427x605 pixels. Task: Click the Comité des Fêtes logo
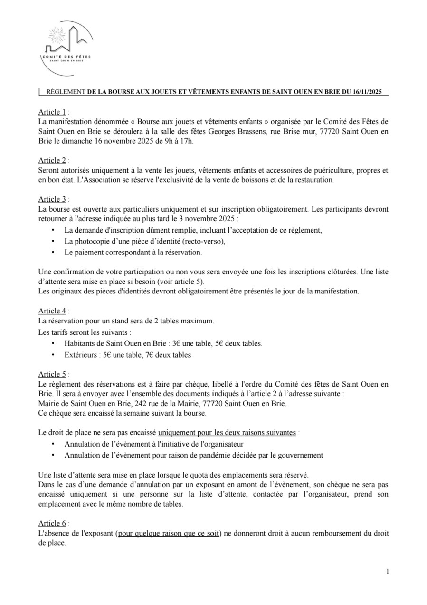(66, 49)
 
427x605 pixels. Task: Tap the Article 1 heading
(52, 112)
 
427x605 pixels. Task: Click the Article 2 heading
(52, 161)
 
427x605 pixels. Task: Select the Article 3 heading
(52, 199)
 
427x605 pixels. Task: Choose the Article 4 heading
(52, 311)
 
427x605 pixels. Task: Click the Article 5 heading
(52, 374)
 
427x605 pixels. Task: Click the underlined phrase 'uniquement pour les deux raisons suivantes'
(228, 433)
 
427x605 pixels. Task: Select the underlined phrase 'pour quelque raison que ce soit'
(169, 533)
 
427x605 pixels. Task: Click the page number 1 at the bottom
(388, 571)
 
